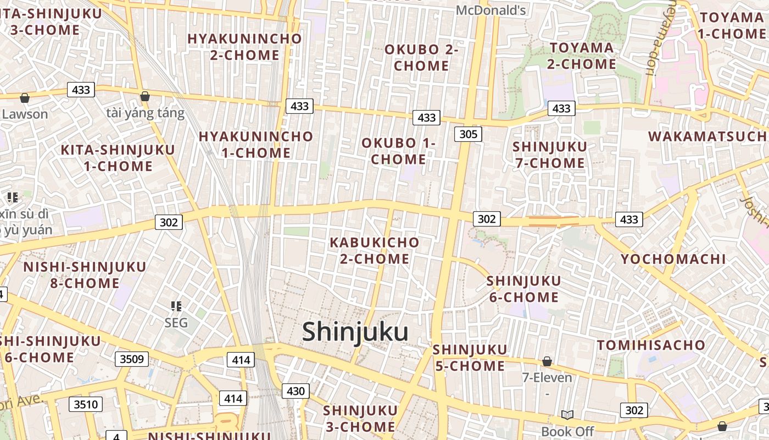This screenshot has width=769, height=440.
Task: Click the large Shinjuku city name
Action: coord(355,332)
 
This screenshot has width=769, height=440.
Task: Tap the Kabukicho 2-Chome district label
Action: coord(375,250)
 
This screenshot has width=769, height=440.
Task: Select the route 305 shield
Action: coord(468,134)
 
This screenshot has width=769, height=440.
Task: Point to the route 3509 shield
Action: coord(132,359)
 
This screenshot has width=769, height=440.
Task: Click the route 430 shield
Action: coord(296,391)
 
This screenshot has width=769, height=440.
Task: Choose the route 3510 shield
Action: coord(86,405)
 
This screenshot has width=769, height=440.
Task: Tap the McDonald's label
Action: coord(491,10)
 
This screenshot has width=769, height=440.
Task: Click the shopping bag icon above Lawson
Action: coord(25,98)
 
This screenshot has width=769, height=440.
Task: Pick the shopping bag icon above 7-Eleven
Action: coord(547,361)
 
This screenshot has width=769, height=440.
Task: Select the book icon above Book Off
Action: coord(567,415)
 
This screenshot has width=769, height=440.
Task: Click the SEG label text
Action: coord(176,322)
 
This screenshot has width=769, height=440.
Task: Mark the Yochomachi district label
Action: coord(673,259)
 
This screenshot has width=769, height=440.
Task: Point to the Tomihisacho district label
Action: coord(651,345)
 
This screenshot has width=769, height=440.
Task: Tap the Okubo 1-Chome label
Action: coord(398,151)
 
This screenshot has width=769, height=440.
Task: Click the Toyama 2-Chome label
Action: coord(582,56)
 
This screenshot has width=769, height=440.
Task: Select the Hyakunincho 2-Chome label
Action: coord(244,47)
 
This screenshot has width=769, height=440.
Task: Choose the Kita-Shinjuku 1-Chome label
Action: coord(118,158)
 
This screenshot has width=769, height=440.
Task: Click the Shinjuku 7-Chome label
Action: coord(549,155)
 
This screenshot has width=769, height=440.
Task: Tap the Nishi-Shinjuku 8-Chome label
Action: coord(85,275)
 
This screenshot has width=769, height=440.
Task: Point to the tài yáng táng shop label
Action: coord(146,113)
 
